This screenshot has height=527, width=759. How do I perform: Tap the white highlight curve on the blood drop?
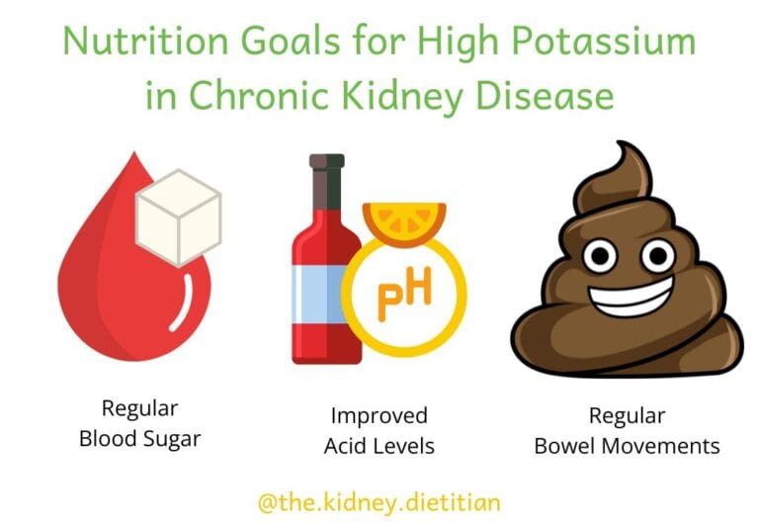(x=182, y=302)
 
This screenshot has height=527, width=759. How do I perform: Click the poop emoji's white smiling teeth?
(x=632, y=297)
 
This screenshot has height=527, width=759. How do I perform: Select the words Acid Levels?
(x=379, y=446)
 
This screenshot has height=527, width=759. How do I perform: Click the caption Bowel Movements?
(x=627, y=446)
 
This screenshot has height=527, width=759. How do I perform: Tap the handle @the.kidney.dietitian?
(x=379, y=502)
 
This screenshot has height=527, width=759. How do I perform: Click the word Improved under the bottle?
(x=379, y=415)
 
